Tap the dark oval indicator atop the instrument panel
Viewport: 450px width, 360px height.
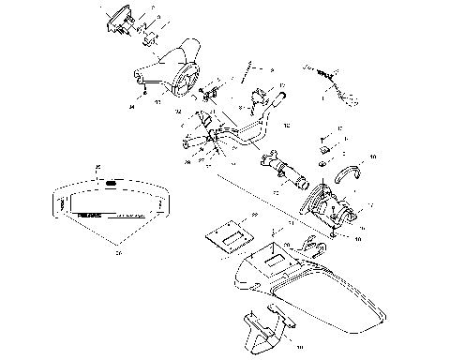click(111, 184)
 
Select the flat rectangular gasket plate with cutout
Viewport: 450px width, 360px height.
click(225, 232)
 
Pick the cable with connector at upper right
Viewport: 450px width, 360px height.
click(328, 79)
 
